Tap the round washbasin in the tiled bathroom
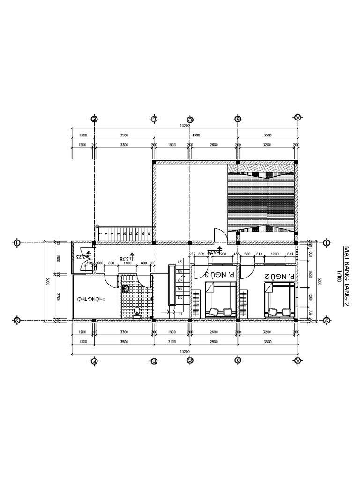pyautogui.click(x=125, y=289)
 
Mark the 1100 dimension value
pyautogui.click(x=127, y=263)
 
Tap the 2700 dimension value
pyautogui.click(x=57, y=296)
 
